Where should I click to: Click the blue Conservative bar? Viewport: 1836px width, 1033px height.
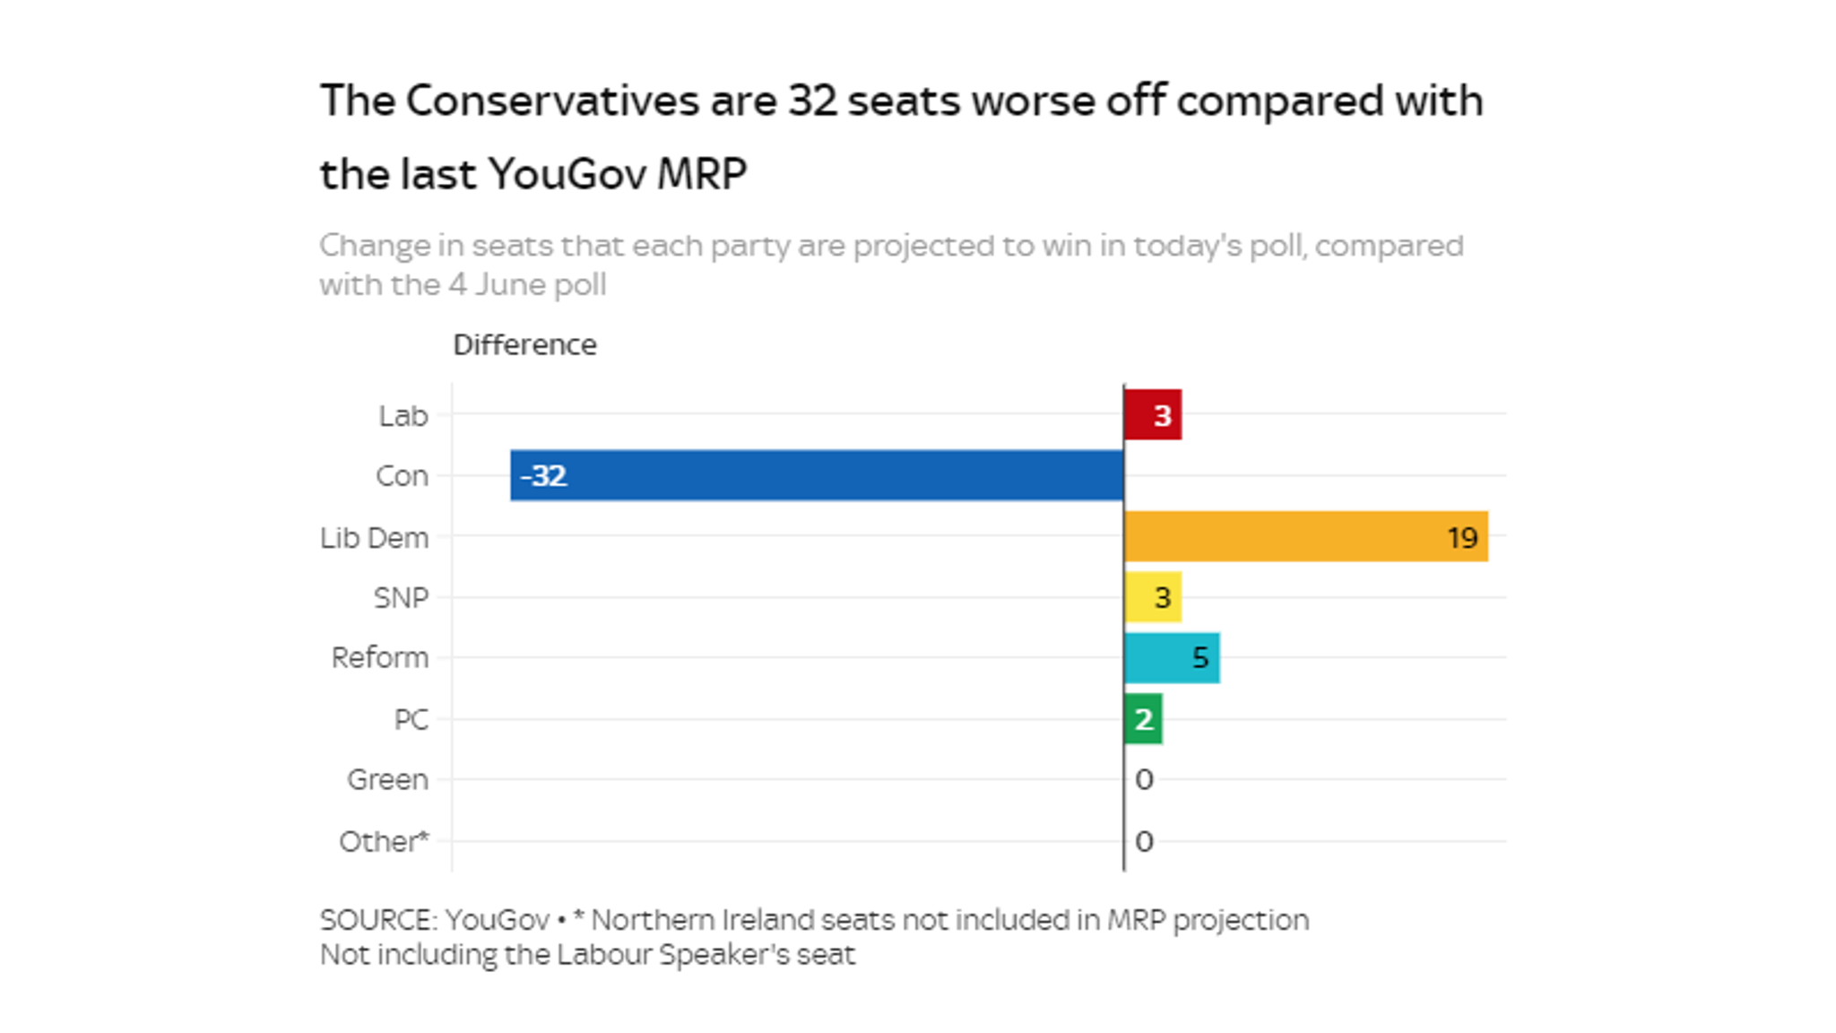tap(816, 475)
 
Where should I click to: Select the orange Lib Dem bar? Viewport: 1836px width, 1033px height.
tap(1305, 536)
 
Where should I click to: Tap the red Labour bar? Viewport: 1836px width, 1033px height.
tap(1153, 414)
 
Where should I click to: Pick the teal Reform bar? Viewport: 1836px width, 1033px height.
tap(1172, 658)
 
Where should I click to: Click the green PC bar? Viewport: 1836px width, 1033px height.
tap(1143, 719)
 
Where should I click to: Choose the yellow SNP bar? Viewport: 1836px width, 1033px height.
tap(1153, 597)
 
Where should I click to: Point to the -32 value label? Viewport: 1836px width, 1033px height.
tap(543, 475)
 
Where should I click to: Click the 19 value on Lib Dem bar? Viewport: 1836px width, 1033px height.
tap(1461, 537)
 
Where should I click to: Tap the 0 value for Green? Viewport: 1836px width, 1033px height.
tap(1144, 779)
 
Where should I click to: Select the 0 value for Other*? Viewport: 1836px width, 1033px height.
tap(1144, 841)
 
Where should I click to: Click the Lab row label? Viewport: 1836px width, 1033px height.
tap(403, 416)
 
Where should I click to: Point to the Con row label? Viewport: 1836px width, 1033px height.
tap(401, 476)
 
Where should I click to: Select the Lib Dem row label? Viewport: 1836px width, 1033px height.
tap(374, 537)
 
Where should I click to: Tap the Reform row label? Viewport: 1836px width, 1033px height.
tap(379, 658)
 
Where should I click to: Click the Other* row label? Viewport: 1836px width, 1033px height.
tap(384, 842)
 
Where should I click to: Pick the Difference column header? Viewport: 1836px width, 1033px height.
tap(524, 345)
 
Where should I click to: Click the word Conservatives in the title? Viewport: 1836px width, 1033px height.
tap(551, 100)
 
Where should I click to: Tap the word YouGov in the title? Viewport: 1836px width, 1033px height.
tap(567, 174)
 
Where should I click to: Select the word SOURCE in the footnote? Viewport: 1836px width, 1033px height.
tap(377, 920)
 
